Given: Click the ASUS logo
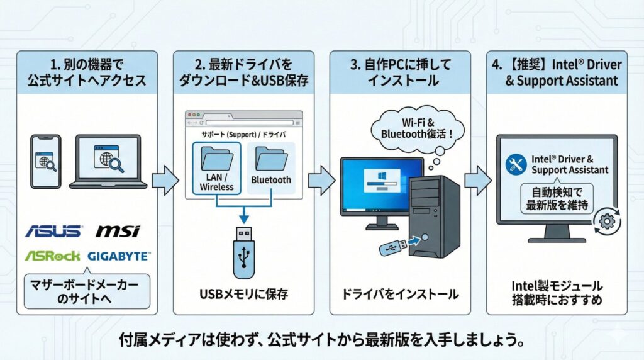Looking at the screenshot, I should point(53,231).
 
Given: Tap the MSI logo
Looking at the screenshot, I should point(118,231).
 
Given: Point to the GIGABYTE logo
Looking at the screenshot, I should point(118,256).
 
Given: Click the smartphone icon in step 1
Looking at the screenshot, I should point(45,161).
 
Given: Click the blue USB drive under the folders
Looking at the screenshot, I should point(243,252).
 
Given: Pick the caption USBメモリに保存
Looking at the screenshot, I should point(243,294).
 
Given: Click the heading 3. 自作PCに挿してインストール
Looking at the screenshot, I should point(400,72).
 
